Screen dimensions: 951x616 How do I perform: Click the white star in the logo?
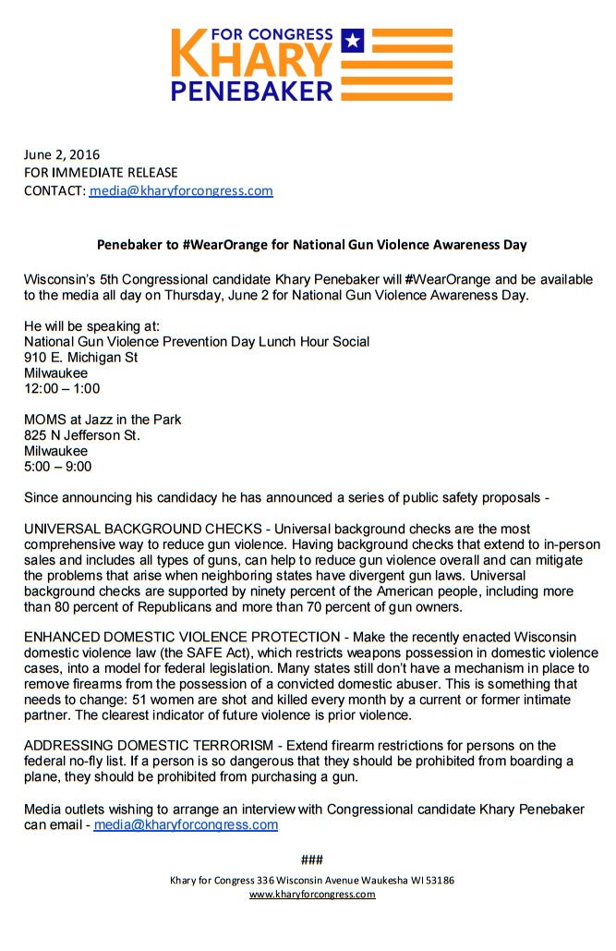(351, 40)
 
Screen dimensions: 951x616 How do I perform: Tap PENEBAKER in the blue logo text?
(252, 91)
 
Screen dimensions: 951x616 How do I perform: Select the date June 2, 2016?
(62, 154)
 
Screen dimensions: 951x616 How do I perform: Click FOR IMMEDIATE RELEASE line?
(101, 173)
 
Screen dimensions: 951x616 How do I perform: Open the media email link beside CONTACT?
(181, 191)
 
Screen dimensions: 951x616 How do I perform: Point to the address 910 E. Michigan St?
(81, 358)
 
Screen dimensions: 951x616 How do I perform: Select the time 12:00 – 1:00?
(62, 388)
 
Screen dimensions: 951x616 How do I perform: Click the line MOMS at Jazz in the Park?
(103, 420)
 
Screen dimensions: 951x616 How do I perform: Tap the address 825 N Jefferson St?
(82, 435)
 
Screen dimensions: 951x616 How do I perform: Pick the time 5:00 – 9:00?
(58, 467)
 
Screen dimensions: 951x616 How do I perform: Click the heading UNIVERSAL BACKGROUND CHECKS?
(138, 530)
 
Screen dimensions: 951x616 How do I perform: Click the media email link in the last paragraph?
(186, 824)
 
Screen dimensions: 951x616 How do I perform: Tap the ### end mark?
(312, 860)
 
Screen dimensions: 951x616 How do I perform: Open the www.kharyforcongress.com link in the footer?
(312, 895)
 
